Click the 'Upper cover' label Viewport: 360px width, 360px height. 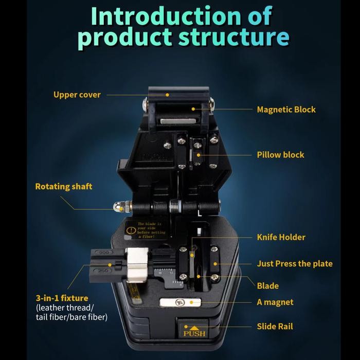[77, 95]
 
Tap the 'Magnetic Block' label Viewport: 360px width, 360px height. [286, 110]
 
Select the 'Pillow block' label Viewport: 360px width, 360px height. [280, 155]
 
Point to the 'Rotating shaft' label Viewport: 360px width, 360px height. [64, 186]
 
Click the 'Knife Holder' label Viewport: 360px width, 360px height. [281, 237]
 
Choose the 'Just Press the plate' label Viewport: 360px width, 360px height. [295, 263]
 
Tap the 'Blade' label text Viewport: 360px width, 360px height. [267, 285]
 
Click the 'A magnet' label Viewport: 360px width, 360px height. [275, 302]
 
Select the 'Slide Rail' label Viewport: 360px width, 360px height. [275, 326]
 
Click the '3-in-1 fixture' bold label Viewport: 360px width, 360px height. [62, 298]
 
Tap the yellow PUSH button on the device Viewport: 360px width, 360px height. [194, 331]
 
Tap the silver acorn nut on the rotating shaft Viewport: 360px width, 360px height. [118, 207]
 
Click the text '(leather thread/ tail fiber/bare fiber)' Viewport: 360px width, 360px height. [71, 313]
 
